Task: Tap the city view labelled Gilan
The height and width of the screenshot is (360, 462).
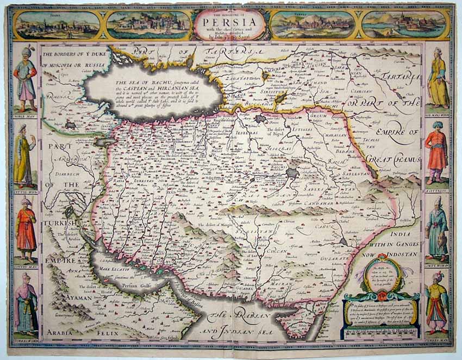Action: tap(404, 24)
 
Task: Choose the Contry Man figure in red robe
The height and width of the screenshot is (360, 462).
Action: tap(25, 229)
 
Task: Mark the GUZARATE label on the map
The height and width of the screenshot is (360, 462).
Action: tap(333, 260)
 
